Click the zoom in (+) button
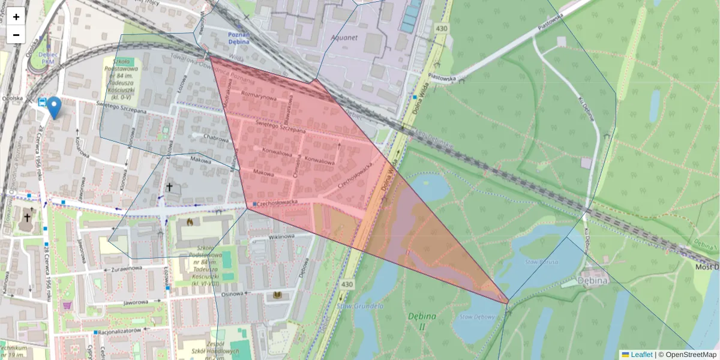coord(16,17)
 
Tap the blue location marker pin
coord(54,107)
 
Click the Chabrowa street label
coord(216,137)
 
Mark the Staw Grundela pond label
coord(360,306)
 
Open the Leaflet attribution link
coord(641,355)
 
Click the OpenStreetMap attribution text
coord(691,355)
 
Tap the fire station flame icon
coord(191,223)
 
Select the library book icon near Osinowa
coord(277,295)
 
